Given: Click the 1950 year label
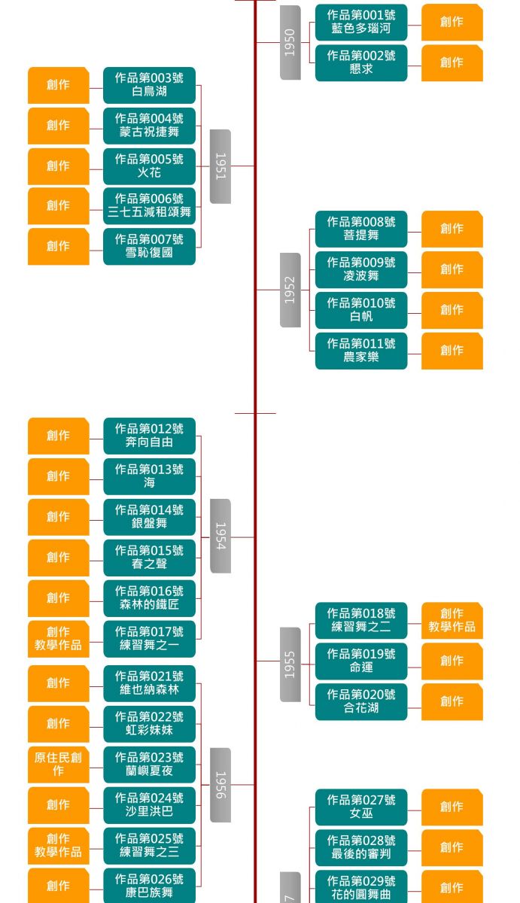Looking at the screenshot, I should point(290,42).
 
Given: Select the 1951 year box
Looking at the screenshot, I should point(220,166).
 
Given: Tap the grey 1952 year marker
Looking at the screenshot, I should point(290,290).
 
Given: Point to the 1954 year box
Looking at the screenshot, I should point(220,536).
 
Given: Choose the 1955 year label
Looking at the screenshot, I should point(290,664).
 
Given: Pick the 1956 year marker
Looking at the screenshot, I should point(220,785).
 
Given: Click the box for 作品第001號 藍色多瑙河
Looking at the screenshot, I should point(361,22).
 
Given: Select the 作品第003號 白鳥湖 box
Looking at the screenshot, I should point(149,84).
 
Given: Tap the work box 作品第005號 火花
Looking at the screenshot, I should point(149,166).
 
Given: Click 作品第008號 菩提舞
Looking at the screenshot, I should point(361,229).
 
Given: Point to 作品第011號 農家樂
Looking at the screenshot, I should point(361,351).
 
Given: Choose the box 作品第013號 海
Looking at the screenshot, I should point(149,476).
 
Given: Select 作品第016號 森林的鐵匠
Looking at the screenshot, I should point(149,598).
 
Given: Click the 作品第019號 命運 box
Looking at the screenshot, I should point(361,661).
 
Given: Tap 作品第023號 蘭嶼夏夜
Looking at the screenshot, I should point(149,765).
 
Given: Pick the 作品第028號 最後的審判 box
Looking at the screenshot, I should point(361,847).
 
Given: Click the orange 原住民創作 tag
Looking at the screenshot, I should point(59,765).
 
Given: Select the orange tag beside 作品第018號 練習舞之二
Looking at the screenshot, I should point(452,621).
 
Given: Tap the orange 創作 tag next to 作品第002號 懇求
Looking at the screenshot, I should point(452,62).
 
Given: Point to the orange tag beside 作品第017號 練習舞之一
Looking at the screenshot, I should point(59,639).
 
